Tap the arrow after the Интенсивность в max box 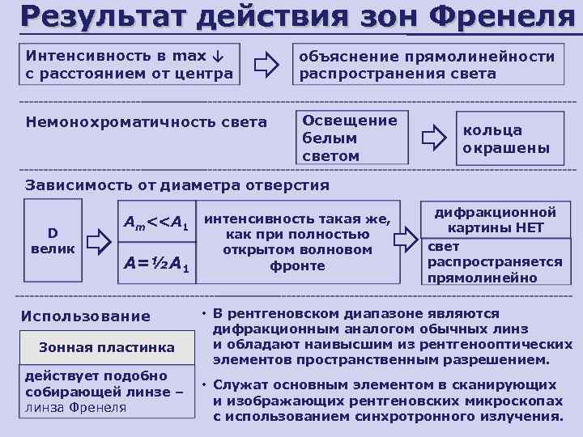(266, 65)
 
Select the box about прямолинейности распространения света (428, 65)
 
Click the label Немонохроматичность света (146, 123)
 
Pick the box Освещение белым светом (349, 138)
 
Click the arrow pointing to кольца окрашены (434, 138)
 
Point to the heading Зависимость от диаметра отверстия (177, 185)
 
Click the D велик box (53, 240)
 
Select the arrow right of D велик (98, 240)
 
